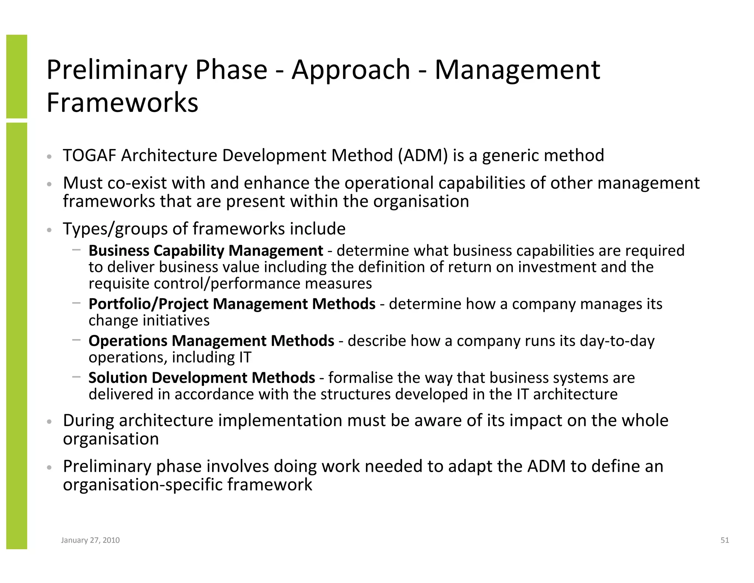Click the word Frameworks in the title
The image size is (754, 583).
click(x=122, y=102)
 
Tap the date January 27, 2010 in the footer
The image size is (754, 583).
click(x=90, y=540)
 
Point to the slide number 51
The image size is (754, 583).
click(x=725, y=540)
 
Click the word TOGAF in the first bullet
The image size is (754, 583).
click(x=89, y=156)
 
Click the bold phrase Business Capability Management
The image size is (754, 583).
click(x=205, y=251)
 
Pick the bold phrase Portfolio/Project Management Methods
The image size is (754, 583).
click(x=232, y=304)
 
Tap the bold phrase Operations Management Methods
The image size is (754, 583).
click(x=211, y=341)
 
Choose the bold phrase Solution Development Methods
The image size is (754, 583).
click(x=202, y=378)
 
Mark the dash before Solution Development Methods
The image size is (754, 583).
click(x=76, y=377)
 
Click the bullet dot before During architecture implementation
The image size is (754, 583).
click(x=50, y=422)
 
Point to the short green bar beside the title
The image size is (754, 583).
click(x=17, y=76)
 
